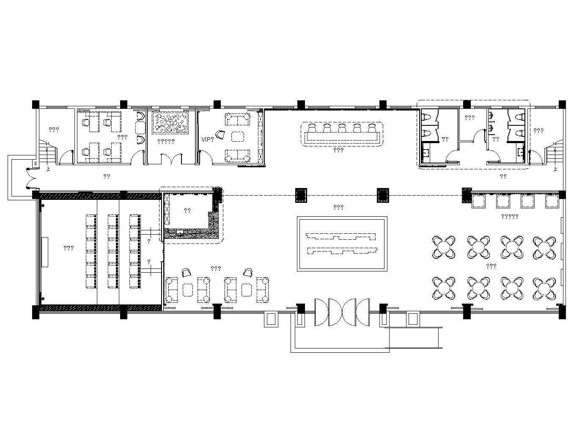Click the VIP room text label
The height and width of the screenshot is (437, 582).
pyautogui.click(x=207, y=140)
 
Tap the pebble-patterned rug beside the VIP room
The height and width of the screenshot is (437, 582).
pyautogui.click(x=170, y=123)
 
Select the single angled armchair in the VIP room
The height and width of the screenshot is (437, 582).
pyautogui.click(x=220, y=135)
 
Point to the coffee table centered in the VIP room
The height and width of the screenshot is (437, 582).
pyautogui.click(x=238, y=137)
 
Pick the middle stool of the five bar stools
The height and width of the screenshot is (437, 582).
pyautogui.click(x=341, y=128)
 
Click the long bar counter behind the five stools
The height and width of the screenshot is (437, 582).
pyautogui.click(x=342, y=136)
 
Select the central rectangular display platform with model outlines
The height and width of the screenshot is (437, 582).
pyautogui.click(x=342, y=243)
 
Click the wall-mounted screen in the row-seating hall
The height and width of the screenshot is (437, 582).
pyautogui.click(x=45, y=252)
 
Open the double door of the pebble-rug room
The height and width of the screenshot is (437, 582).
pyautogui.click(x=172, y=159)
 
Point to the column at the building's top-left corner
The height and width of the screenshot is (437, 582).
pyautogui.click(x=36, y=104)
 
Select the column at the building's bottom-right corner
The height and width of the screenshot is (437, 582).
pyautogui.click(x=562, y=312)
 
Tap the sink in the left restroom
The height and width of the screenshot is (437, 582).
pyautogui.click(x=427, y=153)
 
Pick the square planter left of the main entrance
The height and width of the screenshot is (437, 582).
pyautogui.click(x=271, y=319)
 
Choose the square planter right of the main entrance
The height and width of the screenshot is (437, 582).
pyautogui.click(x=413, y=319)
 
